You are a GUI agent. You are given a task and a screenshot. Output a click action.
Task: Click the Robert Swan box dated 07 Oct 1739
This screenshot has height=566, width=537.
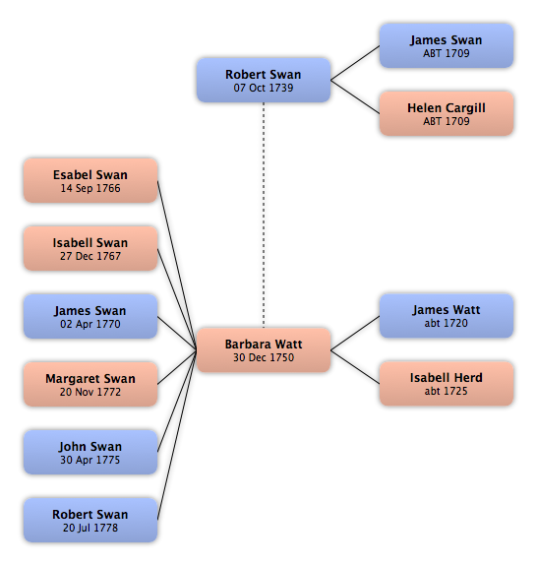264,80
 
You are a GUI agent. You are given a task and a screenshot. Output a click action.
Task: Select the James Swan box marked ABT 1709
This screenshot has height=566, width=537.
447,46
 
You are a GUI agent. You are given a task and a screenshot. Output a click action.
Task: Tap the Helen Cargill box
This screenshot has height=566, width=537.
447,114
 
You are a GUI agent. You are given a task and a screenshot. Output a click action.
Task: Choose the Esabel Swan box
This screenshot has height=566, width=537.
90,180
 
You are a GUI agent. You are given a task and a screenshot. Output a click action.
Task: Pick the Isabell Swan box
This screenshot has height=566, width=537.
90,248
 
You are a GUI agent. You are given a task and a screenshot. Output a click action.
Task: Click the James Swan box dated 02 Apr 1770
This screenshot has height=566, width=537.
90,316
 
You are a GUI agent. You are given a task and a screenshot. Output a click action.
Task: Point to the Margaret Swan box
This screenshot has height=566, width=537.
90,384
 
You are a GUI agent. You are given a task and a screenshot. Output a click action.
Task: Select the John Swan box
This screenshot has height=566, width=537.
90,452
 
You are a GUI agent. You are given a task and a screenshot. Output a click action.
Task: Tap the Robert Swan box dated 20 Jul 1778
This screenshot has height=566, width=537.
90,520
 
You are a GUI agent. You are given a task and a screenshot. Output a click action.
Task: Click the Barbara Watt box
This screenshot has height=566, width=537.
264,350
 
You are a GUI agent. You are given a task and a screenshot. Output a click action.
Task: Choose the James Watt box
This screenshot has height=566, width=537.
447,316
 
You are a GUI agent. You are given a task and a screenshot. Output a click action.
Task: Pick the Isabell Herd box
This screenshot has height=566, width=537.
447,384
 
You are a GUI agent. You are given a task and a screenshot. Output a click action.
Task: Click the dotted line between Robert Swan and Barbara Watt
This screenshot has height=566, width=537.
264,216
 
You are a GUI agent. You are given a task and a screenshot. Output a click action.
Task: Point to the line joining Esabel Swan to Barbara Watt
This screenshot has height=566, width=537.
177,266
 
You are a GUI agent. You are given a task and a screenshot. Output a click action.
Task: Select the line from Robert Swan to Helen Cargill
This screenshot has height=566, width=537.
355,96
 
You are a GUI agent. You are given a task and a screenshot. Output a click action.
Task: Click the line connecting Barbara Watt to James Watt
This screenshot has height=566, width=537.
355,333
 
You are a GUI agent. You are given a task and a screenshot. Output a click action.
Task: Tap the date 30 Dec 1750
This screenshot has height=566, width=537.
264,357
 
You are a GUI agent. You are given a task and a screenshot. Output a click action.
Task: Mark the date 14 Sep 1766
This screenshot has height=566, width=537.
90,188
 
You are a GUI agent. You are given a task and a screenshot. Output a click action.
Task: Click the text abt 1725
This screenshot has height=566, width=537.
447,391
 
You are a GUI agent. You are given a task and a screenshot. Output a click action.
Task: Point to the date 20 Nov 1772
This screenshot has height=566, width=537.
90,392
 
